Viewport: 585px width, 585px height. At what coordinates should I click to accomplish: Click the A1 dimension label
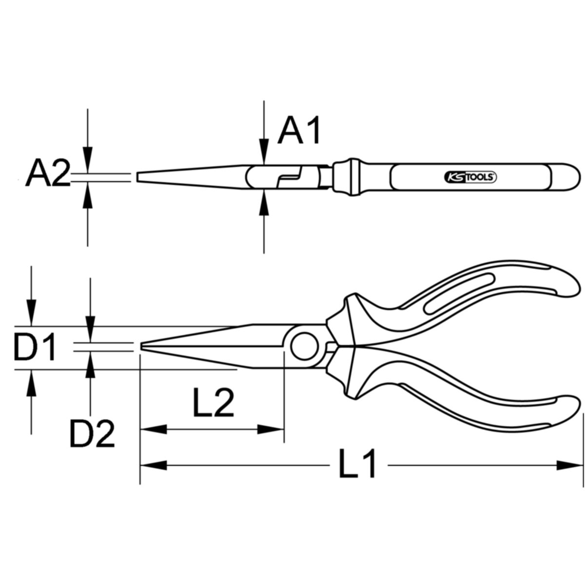pyautogui.click(x=299, y=130)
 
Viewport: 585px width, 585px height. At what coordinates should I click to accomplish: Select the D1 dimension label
pyautogui.click(x=34, y=347)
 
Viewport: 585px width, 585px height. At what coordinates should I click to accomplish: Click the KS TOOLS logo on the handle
pyautogui.click(x=470, y=176)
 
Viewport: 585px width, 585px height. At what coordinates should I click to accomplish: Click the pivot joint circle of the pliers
pyautogui.click(x=305, y=347)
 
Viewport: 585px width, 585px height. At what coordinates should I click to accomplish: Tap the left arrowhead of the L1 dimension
pyautogui.click(x=153, y=473)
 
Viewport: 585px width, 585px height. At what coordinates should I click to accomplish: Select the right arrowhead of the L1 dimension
pyautogui.click(x=570, y=473)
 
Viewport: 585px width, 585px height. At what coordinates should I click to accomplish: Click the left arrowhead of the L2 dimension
pyautogui.click(x=153, y=429)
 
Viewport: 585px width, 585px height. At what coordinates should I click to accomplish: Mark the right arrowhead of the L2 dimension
pyautogui.click(x=271, y=429)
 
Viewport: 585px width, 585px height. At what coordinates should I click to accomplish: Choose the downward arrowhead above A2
pyautogui.click(x=87, y=160)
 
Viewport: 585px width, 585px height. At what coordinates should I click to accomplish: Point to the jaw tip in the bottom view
pyautogui.click(x=141, y=347)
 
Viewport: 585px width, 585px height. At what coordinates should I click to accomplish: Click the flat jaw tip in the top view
pyautogui.click(x=137, y=177)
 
